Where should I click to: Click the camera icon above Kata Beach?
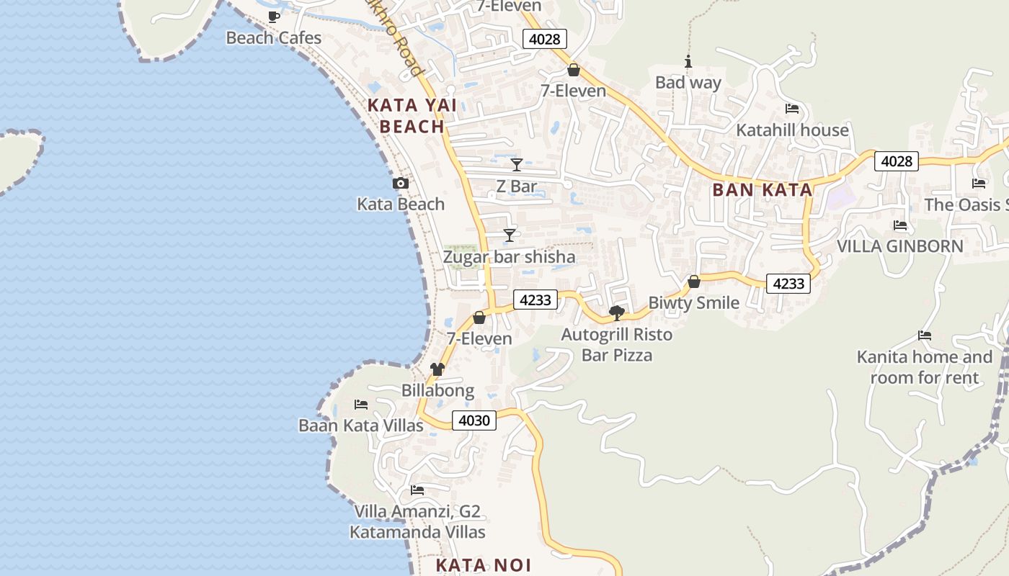coord(401,184)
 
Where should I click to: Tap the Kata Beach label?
coord(401,204)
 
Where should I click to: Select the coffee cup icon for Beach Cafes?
coord(273,17)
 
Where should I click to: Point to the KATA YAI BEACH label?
coord(412,116)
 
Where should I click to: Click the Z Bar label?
coord(517,186)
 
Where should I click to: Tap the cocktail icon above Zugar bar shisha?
coord(510,235)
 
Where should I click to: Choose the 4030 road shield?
coord(474,420)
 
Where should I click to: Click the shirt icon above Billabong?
coord(437,369)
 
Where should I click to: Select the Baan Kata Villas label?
coord(361,426)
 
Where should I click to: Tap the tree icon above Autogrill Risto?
coord(617,313)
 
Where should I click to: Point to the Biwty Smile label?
coord(694,303)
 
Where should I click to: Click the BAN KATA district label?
coord(763,190)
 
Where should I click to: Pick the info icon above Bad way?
coord(688,62)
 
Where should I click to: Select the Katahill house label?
coord(792,130)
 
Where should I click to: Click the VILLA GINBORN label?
coord(899,246)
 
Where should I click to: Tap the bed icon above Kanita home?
coord(925,336)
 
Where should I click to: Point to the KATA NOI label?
coord(484,565)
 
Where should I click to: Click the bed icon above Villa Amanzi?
coord(417,490)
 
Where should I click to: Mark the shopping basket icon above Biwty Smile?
coord(694,282)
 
